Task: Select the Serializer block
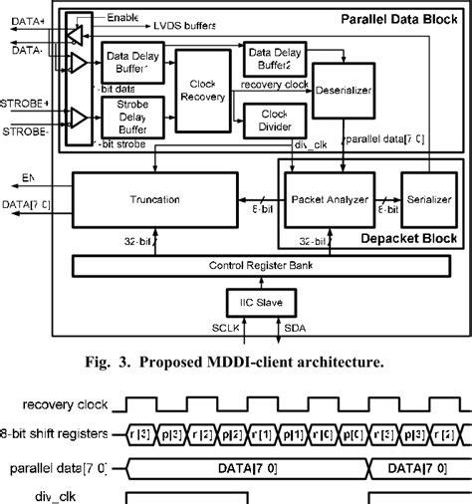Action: pyautogui.click(x=424, y=199)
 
